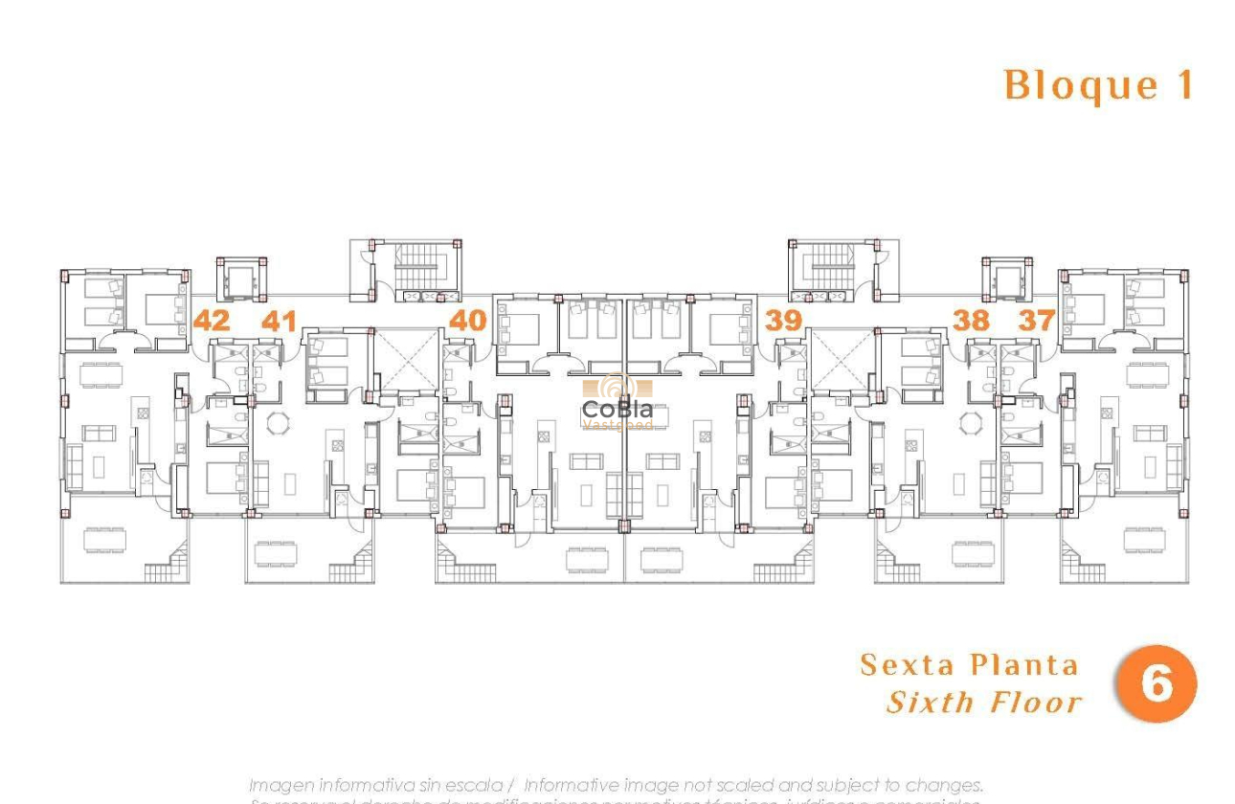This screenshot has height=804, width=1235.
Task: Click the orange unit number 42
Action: point(212,320)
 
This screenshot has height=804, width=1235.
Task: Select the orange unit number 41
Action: point(279,321)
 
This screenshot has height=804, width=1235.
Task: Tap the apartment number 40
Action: point(467,320)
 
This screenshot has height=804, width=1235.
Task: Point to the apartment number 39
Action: point(783,320)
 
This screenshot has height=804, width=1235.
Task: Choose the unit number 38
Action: point(971,320)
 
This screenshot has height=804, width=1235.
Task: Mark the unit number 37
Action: point(1036,320)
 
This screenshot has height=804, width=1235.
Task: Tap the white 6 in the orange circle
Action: point(1156,684)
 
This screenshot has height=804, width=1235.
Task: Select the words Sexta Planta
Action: point(969,665)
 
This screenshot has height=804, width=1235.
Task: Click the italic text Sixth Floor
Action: point(984,703)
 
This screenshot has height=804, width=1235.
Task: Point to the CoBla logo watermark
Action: point(617,404)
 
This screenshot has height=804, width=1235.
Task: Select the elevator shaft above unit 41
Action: point(240,279)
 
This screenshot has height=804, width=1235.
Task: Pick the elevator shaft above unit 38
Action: point(1007,279)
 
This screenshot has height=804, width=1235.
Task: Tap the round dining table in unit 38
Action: point(971,422)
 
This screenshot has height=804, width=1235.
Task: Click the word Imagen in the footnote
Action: point(281,785)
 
